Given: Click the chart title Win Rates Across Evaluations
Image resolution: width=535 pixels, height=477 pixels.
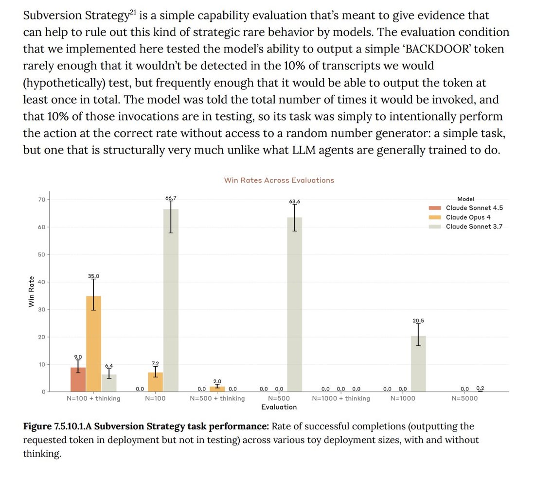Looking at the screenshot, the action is pos(279,180).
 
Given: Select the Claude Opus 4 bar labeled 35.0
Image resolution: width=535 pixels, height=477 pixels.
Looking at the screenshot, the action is pos(93,344).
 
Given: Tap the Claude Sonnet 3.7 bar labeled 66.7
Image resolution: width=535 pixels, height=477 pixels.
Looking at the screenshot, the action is pos(171,301).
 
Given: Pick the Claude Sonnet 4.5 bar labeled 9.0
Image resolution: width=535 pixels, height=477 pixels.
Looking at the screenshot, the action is pos(78,379).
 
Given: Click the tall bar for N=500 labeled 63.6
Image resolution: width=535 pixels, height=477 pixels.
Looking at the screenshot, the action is pos(294,305).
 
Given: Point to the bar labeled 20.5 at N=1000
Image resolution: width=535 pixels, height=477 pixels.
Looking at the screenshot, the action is pos(418,364).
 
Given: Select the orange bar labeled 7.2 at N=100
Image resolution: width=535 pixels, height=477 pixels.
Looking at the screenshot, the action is pos(155,382).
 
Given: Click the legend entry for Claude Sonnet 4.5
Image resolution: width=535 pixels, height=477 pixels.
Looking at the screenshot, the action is pos(466,208).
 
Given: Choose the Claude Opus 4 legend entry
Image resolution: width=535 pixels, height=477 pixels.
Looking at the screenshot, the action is pos(460,218).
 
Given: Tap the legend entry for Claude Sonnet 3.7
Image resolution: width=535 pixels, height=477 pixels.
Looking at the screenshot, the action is pos(466,226).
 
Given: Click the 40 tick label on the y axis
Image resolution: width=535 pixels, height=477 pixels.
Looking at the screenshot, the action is pos(42,282).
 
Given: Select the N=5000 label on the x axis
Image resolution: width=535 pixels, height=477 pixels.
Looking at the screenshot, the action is pos(464,398).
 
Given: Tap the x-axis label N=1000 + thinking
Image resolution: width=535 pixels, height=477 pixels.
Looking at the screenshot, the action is pos(341,398).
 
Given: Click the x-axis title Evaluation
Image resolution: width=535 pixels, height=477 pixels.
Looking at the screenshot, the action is pos(279,407).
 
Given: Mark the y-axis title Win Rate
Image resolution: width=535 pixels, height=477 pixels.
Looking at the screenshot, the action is pos(32,291).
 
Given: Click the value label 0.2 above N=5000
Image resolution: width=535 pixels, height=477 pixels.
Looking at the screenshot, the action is pos(481,388).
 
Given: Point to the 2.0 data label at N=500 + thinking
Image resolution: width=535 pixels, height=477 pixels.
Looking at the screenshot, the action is pos(217,381).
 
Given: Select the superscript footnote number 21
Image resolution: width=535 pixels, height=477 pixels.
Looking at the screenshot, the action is pos(133,12).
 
